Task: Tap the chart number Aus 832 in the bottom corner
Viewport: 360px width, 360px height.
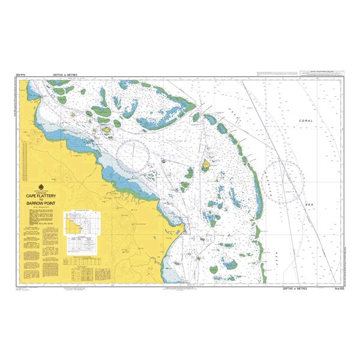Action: coord(338,289)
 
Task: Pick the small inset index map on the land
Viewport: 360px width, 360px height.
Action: coord(80,222)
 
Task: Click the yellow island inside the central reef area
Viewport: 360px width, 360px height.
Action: coord(206,164)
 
